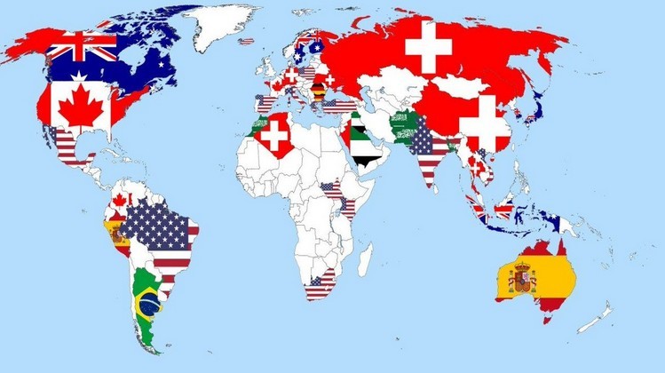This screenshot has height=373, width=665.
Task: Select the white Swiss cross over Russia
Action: pos(428,45)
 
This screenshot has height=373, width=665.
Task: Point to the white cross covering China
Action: pos(485,123)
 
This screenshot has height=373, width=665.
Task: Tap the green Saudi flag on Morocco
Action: pos(259,125)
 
